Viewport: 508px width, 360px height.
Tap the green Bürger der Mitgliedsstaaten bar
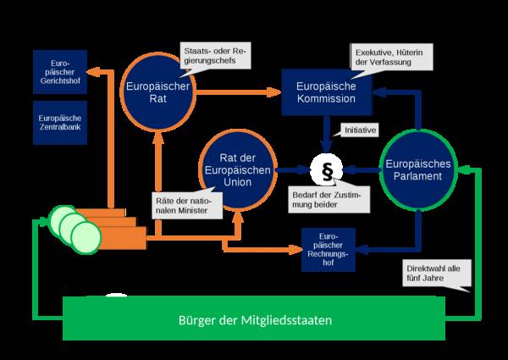click(x=255, y=321)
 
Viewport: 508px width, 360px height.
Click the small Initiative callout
click(x=358, y=130)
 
